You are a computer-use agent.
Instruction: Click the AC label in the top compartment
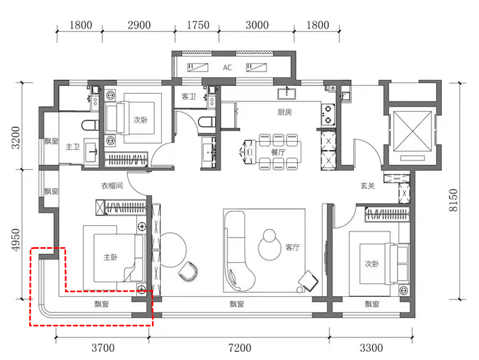(x=227, y=68)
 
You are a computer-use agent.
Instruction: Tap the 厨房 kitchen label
(x=285, y=112)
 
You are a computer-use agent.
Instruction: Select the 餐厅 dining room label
(x=278, y=152)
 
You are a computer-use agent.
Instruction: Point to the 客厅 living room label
(x=293, y=247)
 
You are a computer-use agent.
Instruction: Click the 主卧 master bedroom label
(x=111, y=257)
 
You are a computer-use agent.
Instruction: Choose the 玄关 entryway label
(x=367, y=186)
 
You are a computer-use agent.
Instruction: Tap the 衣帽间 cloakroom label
(x=112, y=186)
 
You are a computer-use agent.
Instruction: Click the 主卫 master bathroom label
(x=73, y=147)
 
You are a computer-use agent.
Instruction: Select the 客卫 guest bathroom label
(x=188, y=96)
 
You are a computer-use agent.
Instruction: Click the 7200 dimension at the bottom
(x=240, y=347)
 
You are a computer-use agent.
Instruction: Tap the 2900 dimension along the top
(x=139, y=25)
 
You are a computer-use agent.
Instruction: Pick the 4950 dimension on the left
(x=15, y=239)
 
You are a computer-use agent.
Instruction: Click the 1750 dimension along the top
(x=198, y=25)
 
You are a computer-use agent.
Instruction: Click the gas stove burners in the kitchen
(x=328, y=114)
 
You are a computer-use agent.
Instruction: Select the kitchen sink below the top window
(x=286, y=94)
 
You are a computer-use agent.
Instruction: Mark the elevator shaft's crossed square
(x=413, y=132)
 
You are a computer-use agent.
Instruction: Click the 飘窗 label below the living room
(x=237, y=304)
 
